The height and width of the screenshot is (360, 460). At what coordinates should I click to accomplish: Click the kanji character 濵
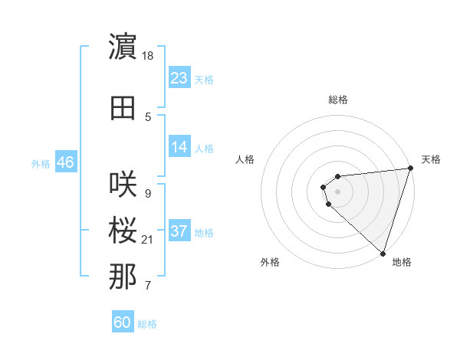pyautogui.click(x=123, y=47)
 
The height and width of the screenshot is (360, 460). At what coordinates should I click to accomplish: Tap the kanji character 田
pyautogui.click(x=123, y=108)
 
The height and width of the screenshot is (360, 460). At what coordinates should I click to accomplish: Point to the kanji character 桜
pyautogui.click(x=123, y=231)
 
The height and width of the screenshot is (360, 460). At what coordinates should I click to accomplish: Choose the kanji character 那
pyautogui.click(x=123, y=277)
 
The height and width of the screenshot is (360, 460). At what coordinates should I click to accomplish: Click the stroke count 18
pyautogui.click(x=149, y=56)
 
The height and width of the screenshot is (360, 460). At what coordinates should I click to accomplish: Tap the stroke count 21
pyautogui.click(x=149, y=240)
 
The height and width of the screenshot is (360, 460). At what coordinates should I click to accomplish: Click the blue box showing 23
pyautogui.click(x=179, y=78)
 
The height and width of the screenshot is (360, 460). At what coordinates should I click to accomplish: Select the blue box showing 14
pyautogui.click(x=179, y=147)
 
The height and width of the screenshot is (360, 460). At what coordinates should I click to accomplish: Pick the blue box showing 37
pyautogui.click(x=179, y=231)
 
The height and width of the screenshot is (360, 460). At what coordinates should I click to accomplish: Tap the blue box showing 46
pyautogui.click(x=65, y=162)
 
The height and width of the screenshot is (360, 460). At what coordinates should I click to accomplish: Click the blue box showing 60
pyautogui.click(x=123, y=322)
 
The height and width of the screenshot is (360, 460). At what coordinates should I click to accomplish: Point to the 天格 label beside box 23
pyautogui.click(x=203, y=79)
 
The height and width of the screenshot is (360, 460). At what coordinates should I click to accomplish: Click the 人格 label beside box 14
pyautogui.click(x=203, y=148)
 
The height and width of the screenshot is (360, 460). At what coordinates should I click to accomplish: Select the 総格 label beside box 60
pyautogui.click(x=147, y=324)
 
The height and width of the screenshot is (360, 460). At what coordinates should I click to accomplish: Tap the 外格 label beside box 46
pyautogui.click(x=41, y=163)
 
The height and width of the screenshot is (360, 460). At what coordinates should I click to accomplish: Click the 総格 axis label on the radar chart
pyautogui.click(x=337, y=100)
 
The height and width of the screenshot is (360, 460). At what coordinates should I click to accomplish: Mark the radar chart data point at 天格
pyautogui.click(x=411, y=169)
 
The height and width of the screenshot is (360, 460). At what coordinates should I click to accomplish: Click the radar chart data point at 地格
pyautogui.click(x=383, y=252)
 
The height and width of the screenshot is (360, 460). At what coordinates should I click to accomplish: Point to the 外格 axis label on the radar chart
pyautogui.click(x=270, y=262)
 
